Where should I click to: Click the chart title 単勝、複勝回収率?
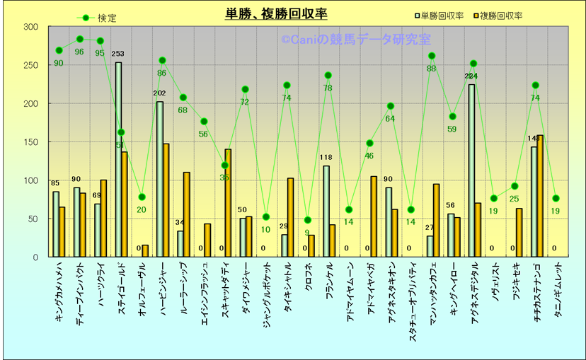[276, 14]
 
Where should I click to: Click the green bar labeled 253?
[118, 159]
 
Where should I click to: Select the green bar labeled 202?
[160, 179]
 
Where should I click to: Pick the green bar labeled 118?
[326, 211]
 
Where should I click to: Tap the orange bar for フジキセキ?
[519, 232]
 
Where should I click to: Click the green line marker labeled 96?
[79, 40]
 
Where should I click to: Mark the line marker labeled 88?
[432, 56]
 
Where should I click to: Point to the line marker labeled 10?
[266, 217]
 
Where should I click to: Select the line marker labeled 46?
[369, 144]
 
